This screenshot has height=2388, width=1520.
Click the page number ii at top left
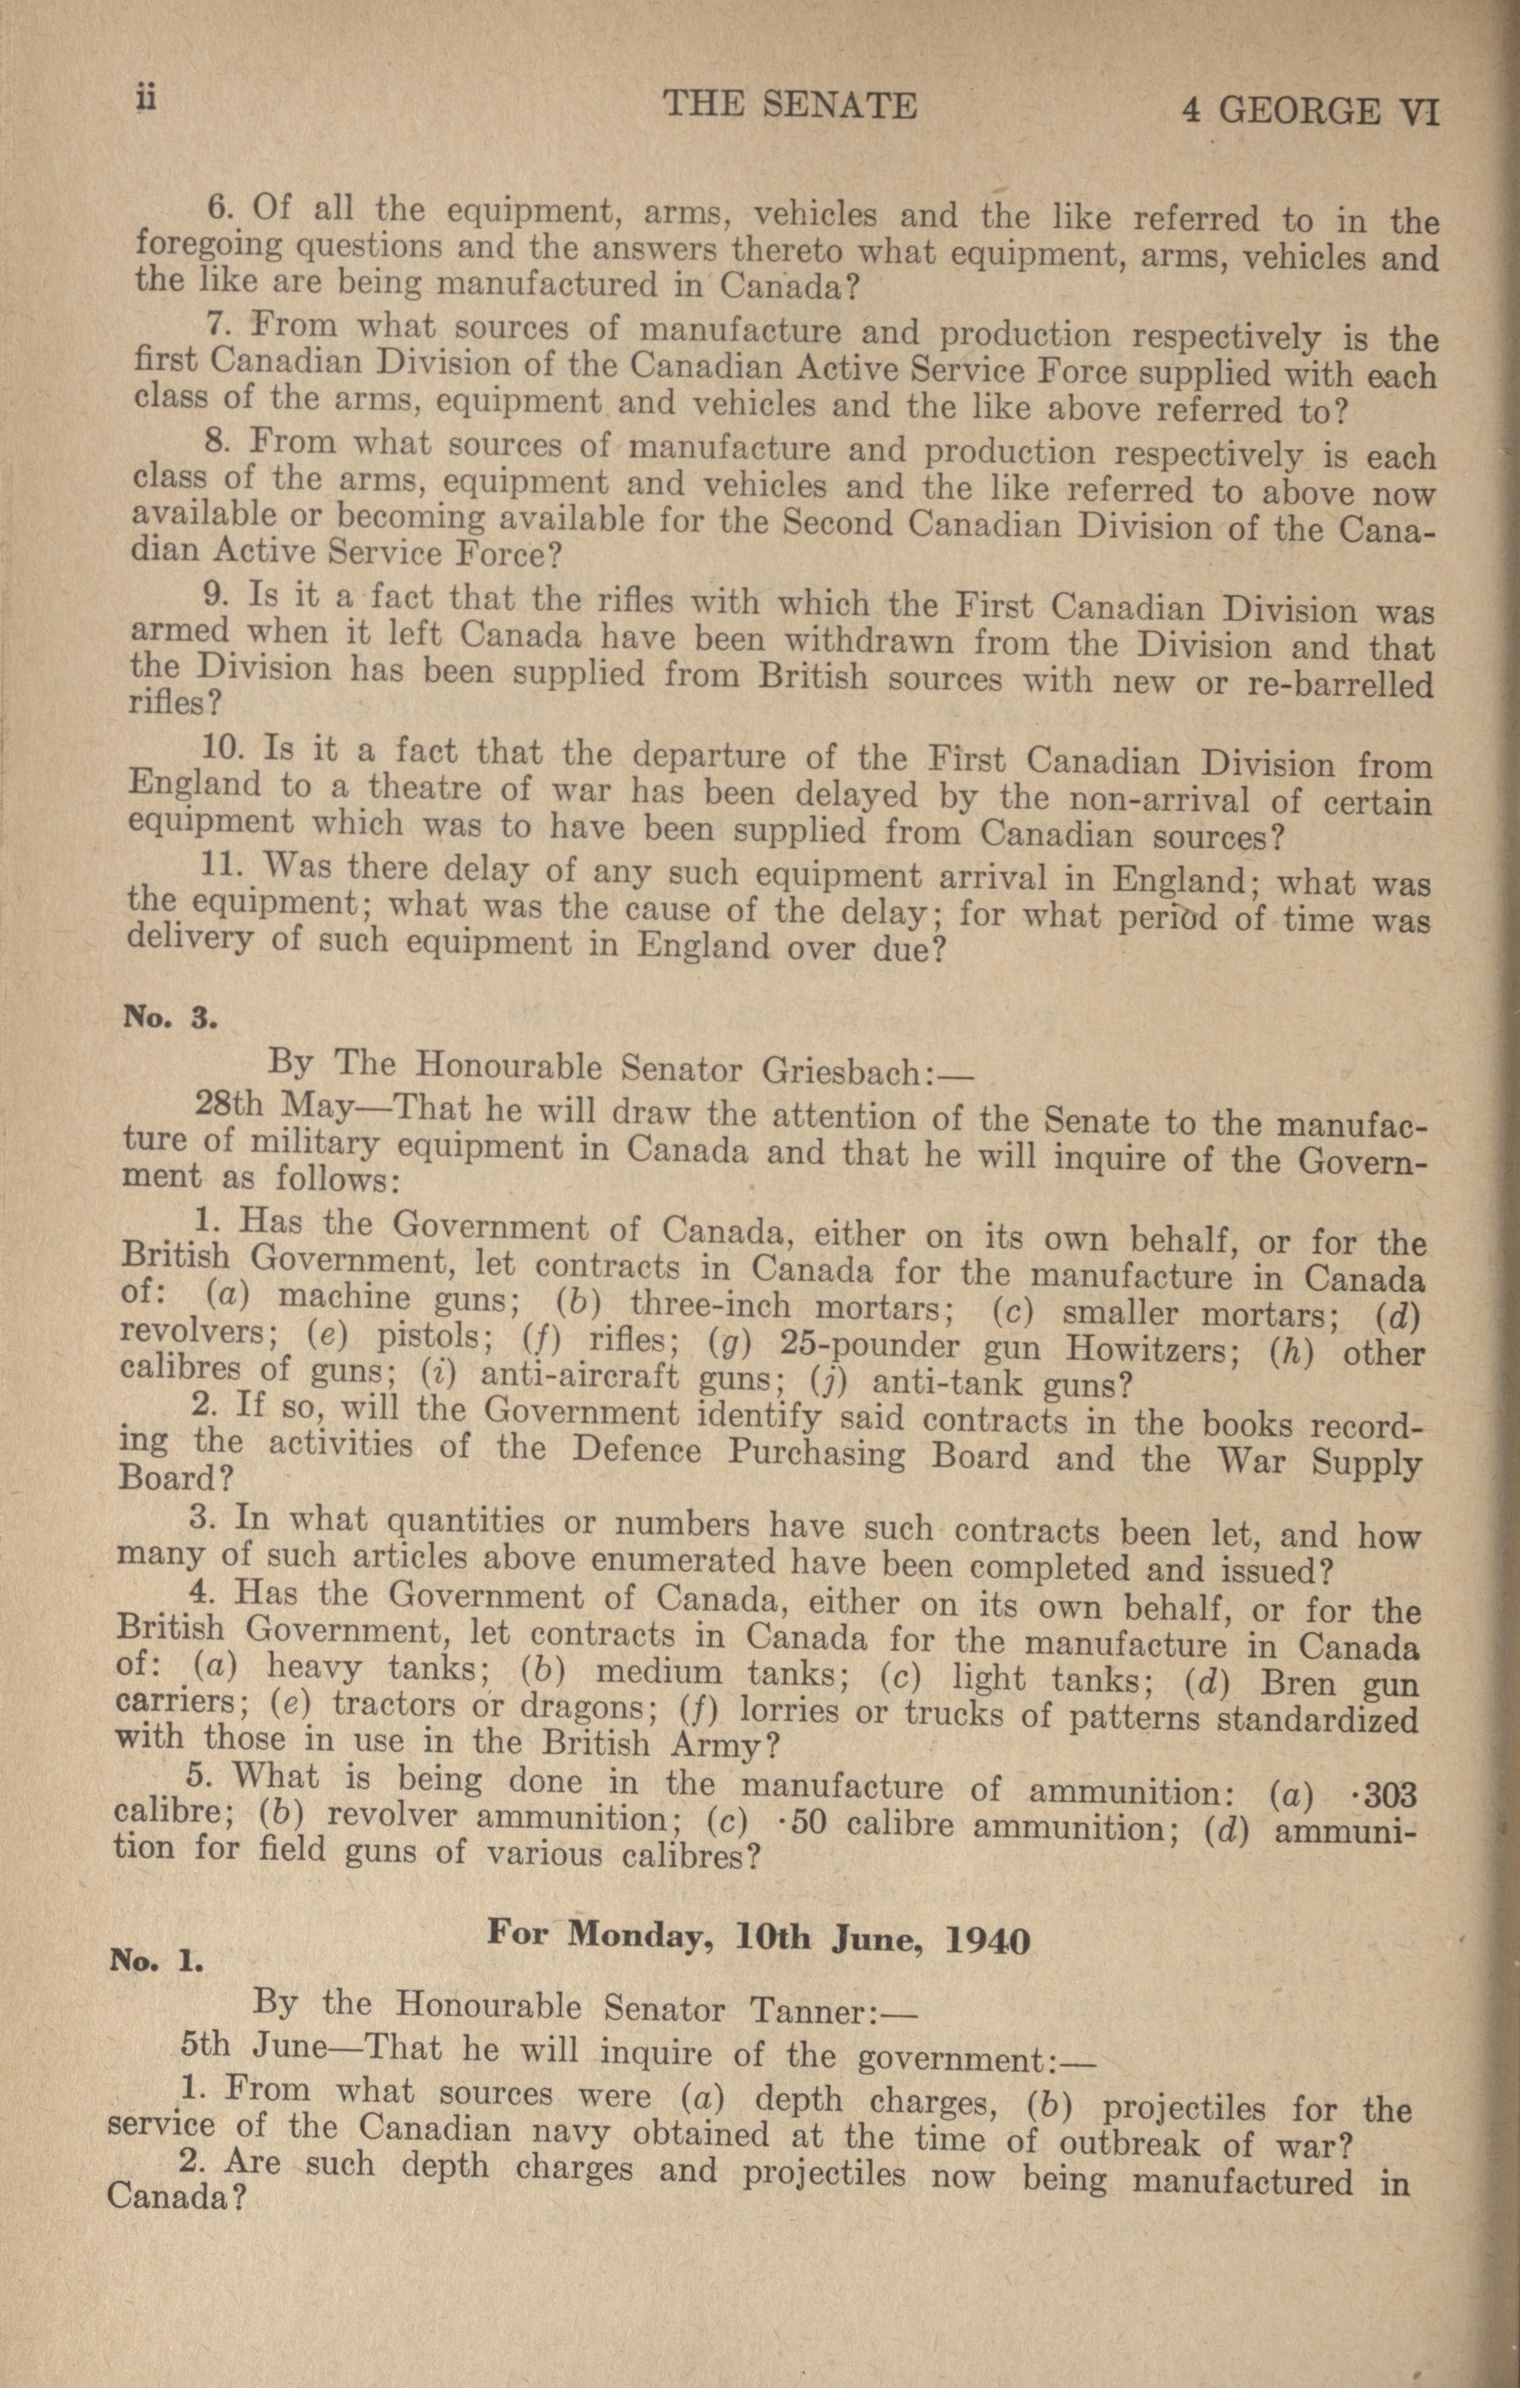[x=146, y=100]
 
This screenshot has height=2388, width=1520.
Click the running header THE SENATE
[x=790, y=105]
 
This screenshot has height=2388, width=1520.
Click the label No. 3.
[x=169, y=1019]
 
